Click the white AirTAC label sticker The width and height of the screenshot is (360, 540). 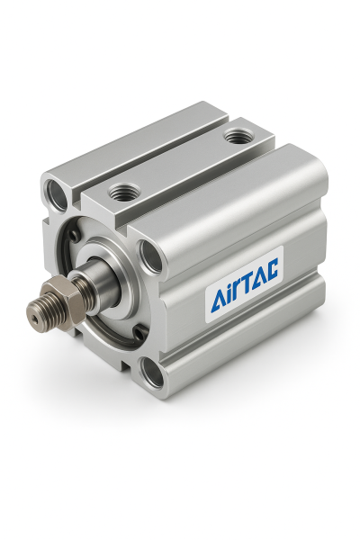(x=244, y=284)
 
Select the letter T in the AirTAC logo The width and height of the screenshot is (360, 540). (x=247, y=282)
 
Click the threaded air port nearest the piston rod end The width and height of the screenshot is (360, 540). (x=124, y=192)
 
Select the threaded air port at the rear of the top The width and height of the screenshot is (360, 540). (x=238, y=136)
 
